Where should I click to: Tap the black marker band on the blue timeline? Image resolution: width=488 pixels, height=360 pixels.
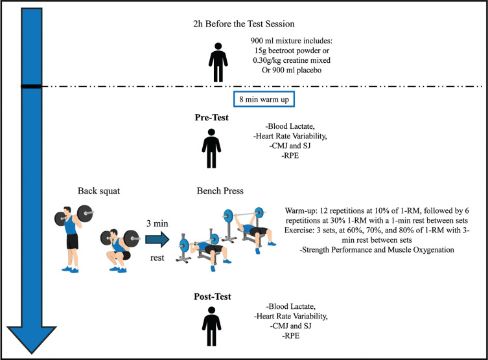(x=32, y=86)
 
